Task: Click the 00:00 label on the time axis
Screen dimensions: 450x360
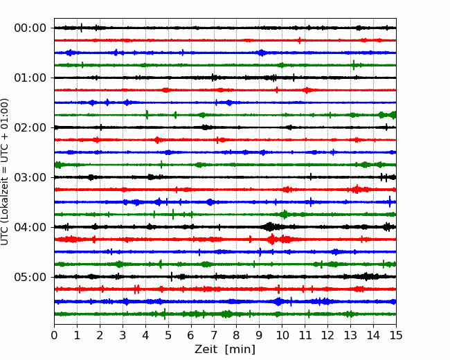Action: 30,28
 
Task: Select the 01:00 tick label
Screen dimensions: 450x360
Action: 30,78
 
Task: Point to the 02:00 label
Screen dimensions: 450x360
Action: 30,127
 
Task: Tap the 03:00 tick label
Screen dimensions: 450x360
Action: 30,177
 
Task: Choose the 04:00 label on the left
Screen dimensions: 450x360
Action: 30,227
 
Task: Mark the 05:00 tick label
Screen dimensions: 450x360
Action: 30,277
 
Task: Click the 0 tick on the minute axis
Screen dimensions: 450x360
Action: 54,335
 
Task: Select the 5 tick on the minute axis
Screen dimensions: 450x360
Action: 168,335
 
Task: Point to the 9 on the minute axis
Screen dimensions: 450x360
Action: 259,335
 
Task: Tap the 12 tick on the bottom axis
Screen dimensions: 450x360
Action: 327,335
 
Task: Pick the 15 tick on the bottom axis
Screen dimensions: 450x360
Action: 396,335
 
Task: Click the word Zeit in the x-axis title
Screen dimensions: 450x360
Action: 207,349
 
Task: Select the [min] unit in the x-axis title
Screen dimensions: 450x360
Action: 240,350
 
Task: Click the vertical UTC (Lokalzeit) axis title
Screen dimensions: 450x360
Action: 5,172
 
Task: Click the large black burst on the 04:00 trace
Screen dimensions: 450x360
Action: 270,227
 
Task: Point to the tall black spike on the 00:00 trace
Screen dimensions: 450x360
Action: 82,28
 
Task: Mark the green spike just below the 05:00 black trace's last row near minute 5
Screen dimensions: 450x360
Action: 165,314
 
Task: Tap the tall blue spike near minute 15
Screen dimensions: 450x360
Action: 390,201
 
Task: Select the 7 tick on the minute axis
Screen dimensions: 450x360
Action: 214,335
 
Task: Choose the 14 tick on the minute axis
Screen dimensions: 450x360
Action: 373,335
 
